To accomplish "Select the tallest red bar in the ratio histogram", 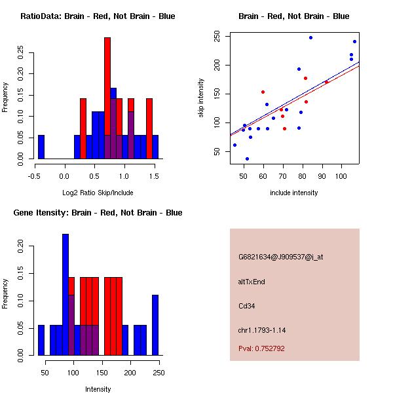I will [107, 98].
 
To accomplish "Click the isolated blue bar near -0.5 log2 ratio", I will [41, 147].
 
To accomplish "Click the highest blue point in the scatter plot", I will [310, 37].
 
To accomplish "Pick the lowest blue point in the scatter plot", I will [247, 159].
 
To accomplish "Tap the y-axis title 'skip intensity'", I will [201, 98].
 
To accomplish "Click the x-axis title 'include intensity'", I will [294, 193].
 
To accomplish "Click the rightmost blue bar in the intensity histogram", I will [155, 325].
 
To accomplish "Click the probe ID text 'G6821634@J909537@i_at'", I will [280, 257].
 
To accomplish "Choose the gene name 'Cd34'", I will [246, 306].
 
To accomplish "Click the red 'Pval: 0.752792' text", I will [261, 348].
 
